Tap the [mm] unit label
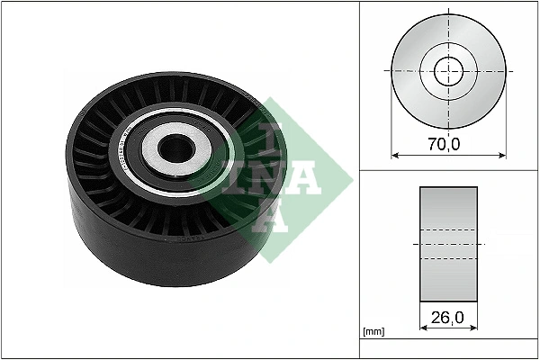tap(373, 332)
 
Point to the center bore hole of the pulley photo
tap(172, 146)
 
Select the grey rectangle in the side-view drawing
tap(448, 243)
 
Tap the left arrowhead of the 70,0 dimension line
tap(394, 153)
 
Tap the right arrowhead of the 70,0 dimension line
tap(502, 153)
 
